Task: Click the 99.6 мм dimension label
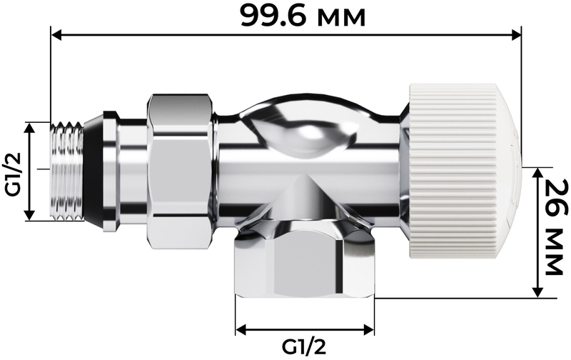coord(303,16)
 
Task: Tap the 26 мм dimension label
coord(556,227)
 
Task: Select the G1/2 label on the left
coord(14,174)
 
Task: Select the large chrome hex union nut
coord(180,172)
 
